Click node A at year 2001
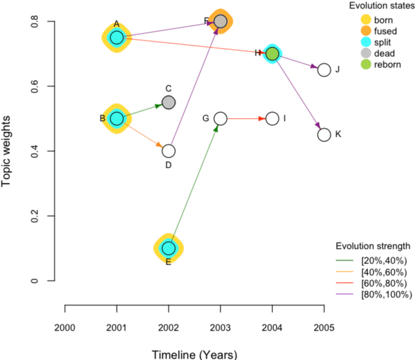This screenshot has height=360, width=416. [116, 37]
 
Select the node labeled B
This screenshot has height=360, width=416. [116, 118]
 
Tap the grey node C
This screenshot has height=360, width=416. [168, 102]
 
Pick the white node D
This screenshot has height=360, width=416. [168, 151]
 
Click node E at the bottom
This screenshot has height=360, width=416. [168, 248]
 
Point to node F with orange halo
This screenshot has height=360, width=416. [220, 21]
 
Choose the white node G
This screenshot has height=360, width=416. [220, 118]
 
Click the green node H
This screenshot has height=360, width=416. [272, 53]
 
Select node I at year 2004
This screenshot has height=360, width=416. [272, 118]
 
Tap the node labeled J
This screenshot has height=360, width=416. [324, 70]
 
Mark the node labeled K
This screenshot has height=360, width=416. [324, 135]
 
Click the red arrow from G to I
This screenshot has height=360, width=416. [246, 118]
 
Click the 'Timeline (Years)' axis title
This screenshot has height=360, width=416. [194, 354]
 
